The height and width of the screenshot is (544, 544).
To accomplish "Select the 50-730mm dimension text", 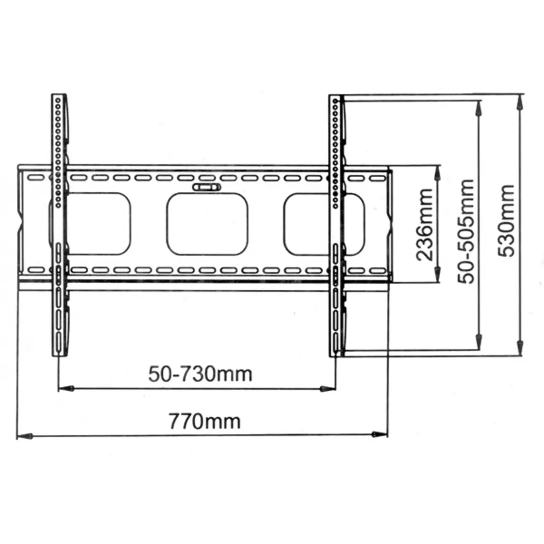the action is tap(200, 374).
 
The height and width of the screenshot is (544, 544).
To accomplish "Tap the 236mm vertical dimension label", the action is tap(424, 225).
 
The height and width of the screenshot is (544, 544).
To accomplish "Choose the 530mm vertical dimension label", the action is tap(506, 221).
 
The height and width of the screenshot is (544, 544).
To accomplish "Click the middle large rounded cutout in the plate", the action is tap(207, 224).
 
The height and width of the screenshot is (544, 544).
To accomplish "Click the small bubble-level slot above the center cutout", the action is tap(206, 187).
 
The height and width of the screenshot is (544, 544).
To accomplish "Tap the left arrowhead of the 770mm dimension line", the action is tap(24, 436).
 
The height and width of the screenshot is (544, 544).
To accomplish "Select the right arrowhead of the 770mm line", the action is tap(379, 434).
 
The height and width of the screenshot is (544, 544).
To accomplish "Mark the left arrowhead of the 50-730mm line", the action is tap(66, 389).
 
